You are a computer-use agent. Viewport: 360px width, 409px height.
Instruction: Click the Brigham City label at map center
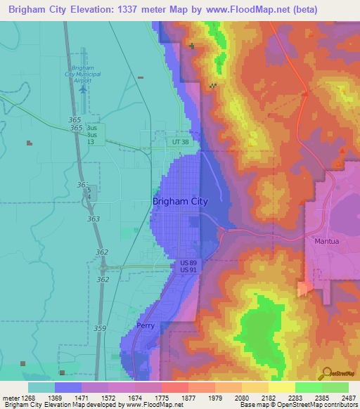pos(180,201)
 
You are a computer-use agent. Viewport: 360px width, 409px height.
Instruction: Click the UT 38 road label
pos(181,142)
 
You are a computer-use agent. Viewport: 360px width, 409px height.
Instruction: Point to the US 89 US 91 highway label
pos(188,266)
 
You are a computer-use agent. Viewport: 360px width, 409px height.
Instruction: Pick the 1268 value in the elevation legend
pos(28,398)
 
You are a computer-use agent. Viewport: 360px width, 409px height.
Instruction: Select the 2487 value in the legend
pos(348,398)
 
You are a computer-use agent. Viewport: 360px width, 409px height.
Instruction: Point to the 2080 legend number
pos(241,398)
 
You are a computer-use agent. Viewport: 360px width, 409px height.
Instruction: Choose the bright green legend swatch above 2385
pos(308,387)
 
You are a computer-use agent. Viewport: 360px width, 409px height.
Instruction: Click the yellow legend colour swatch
pos(281,387)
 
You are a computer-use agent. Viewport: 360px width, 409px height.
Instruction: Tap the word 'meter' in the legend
pos(11,398)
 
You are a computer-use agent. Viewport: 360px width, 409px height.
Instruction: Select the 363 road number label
pos(92,219)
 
